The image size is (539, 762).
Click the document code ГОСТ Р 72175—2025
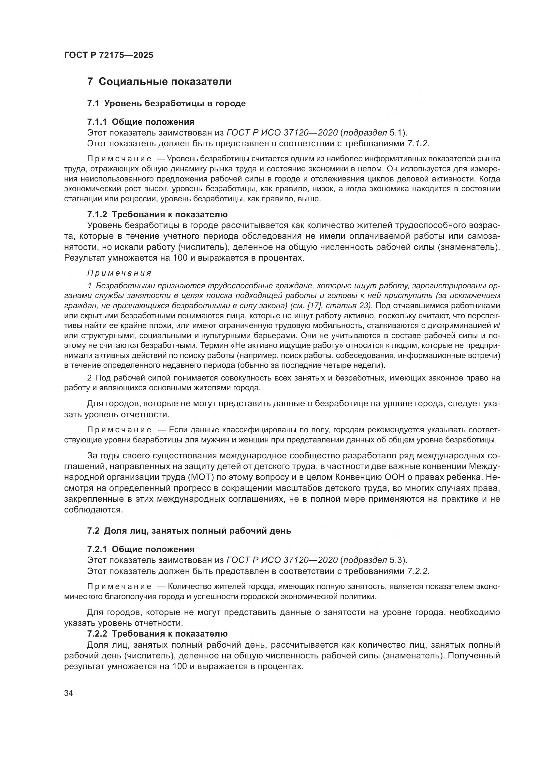click(x=109, y=55)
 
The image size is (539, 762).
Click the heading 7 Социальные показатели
click(x=159, y=82)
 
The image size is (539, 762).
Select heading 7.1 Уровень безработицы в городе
click(x=166, y=103)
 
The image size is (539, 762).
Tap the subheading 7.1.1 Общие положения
click(x=141, y=122)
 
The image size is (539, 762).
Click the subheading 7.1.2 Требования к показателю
click(x=157, y=214)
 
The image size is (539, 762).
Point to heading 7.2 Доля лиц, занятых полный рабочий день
click(x=189, y=531)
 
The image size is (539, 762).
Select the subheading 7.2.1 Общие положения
click(x=141, y=549)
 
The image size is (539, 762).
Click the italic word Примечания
click(x=119, y=273)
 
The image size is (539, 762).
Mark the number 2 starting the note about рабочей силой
click(x=89, y=378)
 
